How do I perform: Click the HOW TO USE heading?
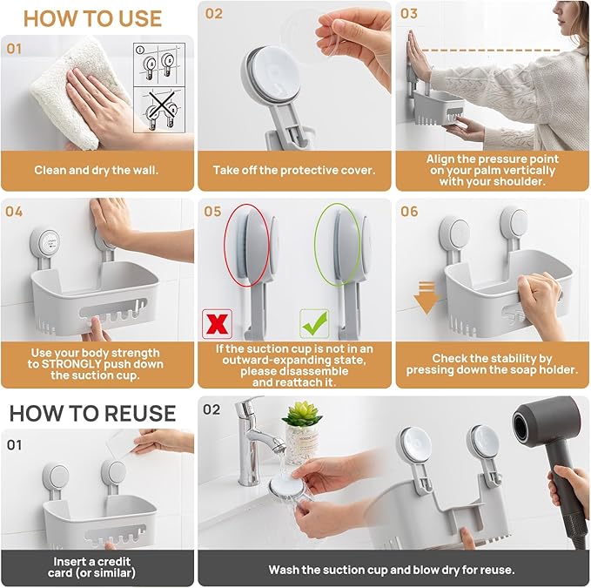pos(92,17)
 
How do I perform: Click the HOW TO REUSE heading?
pos(92,412)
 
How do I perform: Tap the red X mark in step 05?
pos(215,323)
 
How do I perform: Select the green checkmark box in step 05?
pos(313,323)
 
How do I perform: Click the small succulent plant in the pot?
pos(302,416)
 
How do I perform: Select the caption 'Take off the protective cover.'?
pos(294,170)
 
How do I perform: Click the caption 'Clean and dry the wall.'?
pos(97,170)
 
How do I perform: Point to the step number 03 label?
pos(409,14)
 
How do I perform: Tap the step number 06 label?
pos(409,212)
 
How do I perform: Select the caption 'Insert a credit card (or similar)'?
pos(95,567)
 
